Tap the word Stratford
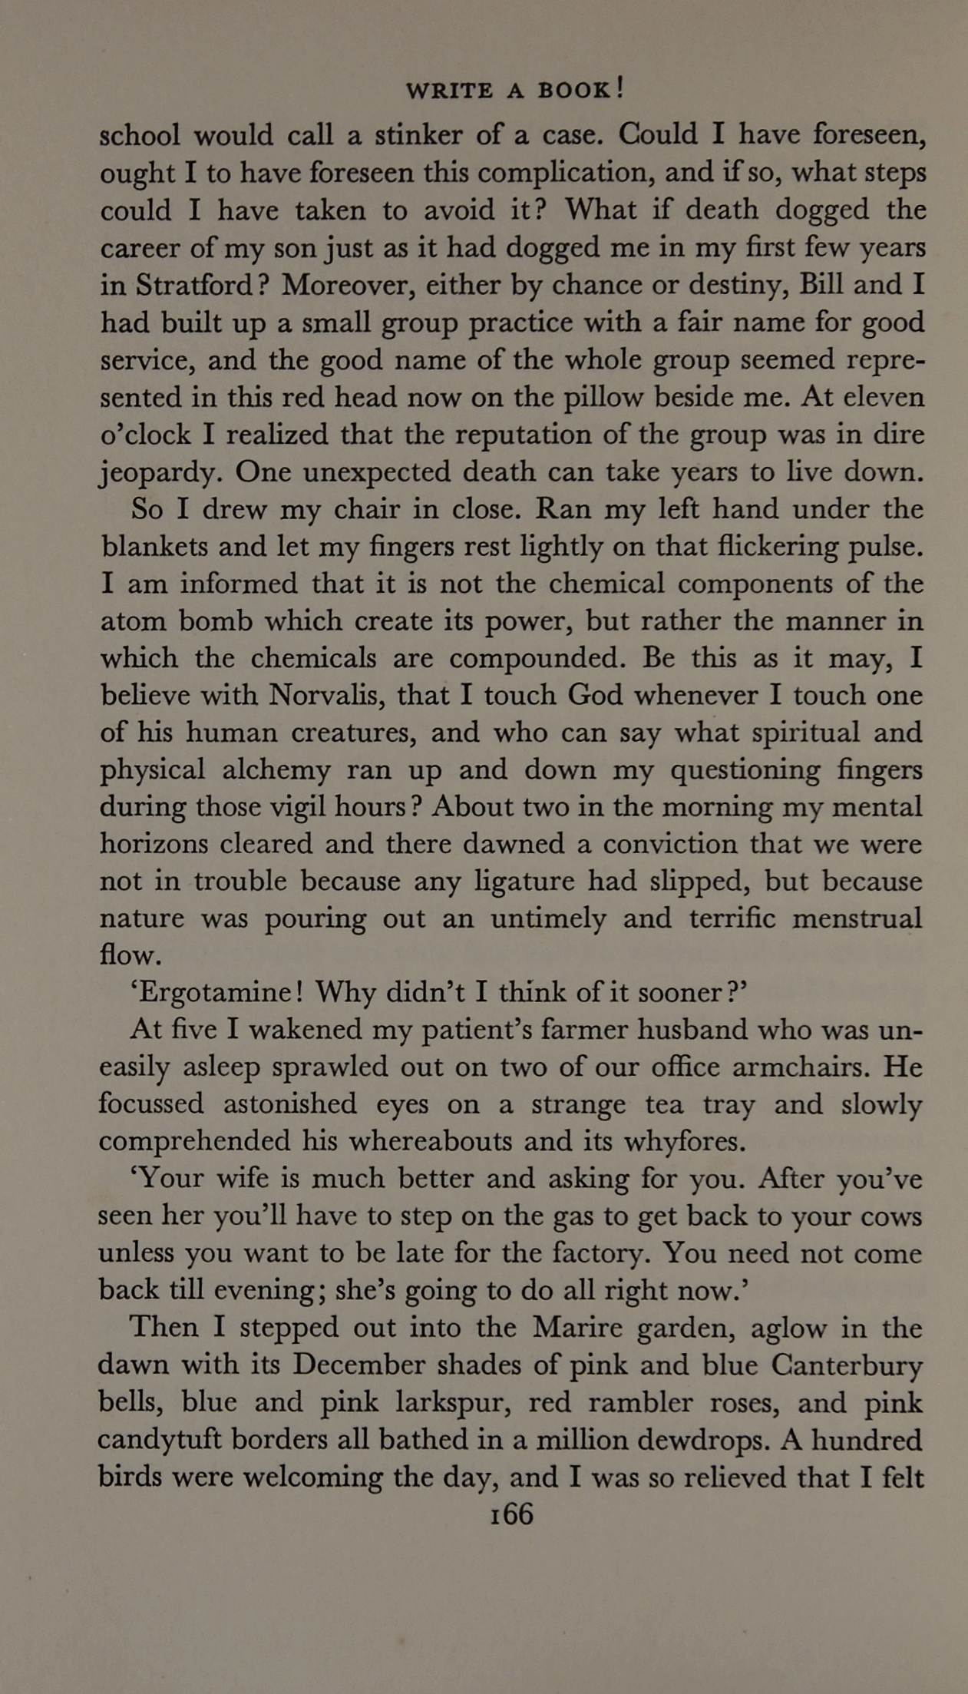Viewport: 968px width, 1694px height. click(194, 286)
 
